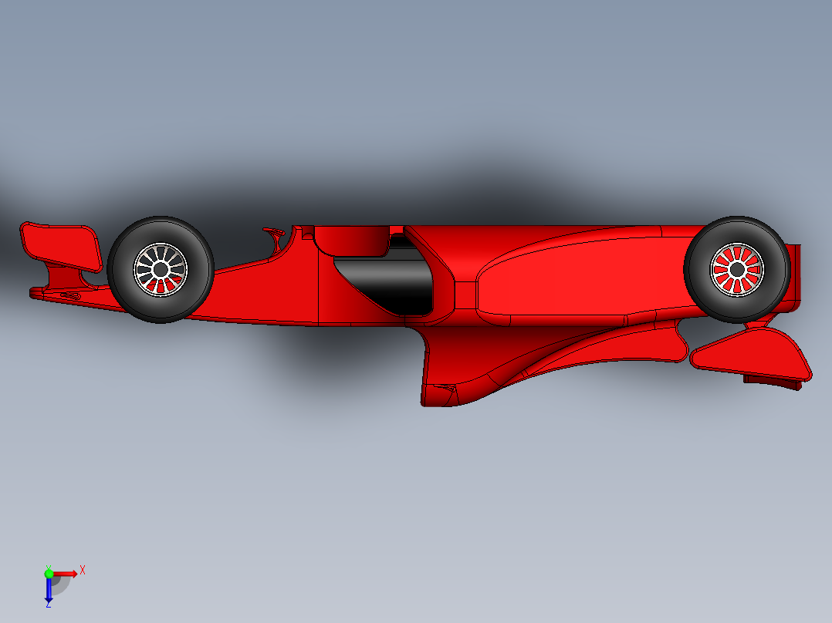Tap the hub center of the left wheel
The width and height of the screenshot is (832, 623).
click(161, 269)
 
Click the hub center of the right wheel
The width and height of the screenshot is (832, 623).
click(737, 269)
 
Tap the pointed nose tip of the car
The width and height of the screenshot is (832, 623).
click(33, 292)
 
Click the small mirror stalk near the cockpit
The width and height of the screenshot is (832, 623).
click(275, 234)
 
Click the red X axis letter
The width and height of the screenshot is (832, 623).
click(83, 570)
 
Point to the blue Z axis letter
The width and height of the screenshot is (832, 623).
click(48, 605)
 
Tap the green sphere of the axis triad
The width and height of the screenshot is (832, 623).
click(49, 574)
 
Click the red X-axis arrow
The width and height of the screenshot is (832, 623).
click(66, 574)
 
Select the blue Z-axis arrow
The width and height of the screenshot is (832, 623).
click(49, 590)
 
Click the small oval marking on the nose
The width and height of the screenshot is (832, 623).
click(69, 296)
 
